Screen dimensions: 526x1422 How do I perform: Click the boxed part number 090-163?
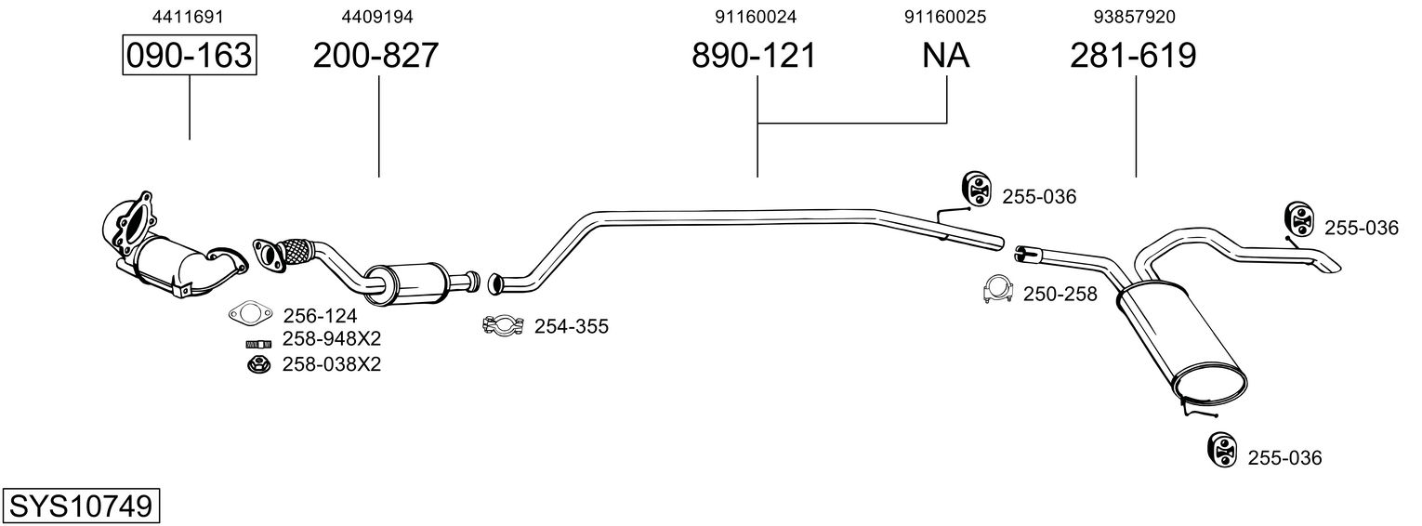(x=190, y=56)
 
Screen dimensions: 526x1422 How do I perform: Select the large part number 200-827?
(x=375, y=56)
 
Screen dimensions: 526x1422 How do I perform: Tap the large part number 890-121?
(x=754, y=56)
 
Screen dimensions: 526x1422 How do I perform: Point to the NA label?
(x=945, y=56)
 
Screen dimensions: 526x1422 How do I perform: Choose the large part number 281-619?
(x=1133, y=56)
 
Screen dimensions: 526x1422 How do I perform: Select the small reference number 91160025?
(x=945, y=17)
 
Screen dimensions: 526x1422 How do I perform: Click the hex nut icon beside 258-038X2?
(x=256, y=364)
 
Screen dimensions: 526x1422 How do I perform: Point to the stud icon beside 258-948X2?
(x=257, y=342)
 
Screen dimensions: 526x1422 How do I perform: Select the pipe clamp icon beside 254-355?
(x=503, y=325)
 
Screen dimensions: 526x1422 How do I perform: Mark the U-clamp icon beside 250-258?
(x=997, y=291)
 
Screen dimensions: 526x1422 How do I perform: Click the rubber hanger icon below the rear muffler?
(x=1221, y=449)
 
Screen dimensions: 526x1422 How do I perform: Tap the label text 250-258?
(x=1060, y=295)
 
